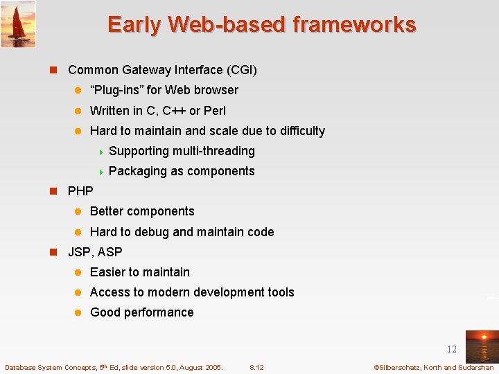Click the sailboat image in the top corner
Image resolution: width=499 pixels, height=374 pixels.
point(18,24)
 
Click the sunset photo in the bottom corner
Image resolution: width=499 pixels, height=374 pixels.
point(481,346)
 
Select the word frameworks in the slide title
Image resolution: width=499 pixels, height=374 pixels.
point(354,25)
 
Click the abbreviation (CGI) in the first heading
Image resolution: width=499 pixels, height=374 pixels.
point(241,70)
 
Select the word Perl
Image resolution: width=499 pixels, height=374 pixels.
point(215,111)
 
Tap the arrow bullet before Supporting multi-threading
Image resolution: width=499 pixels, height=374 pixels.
point(101,151)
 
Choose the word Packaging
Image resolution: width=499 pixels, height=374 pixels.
point(137,171)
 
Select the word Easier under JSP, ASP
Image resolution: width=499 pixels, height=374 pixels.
point(108,272)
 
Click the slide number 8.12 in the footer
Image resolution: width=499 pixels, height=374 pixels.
point(256,367)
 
